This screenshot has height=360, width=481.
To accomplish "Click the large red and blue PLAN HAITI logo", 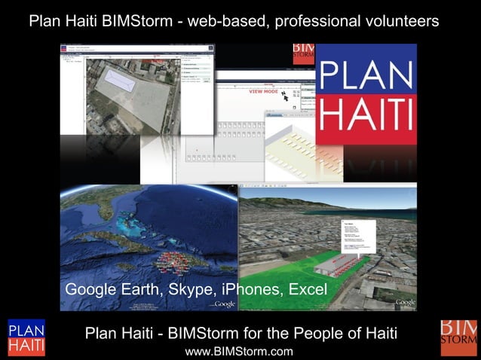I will (x=366, y=94).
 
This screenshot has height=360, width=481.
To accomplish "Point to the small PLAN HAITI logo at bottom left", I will (x=26, y=337).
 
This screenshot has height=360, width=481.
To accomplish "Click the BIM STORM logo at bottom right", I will (x=458, y=337).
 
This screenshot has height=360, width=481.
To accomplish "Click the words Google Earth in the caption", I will (x=112, y=290).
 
